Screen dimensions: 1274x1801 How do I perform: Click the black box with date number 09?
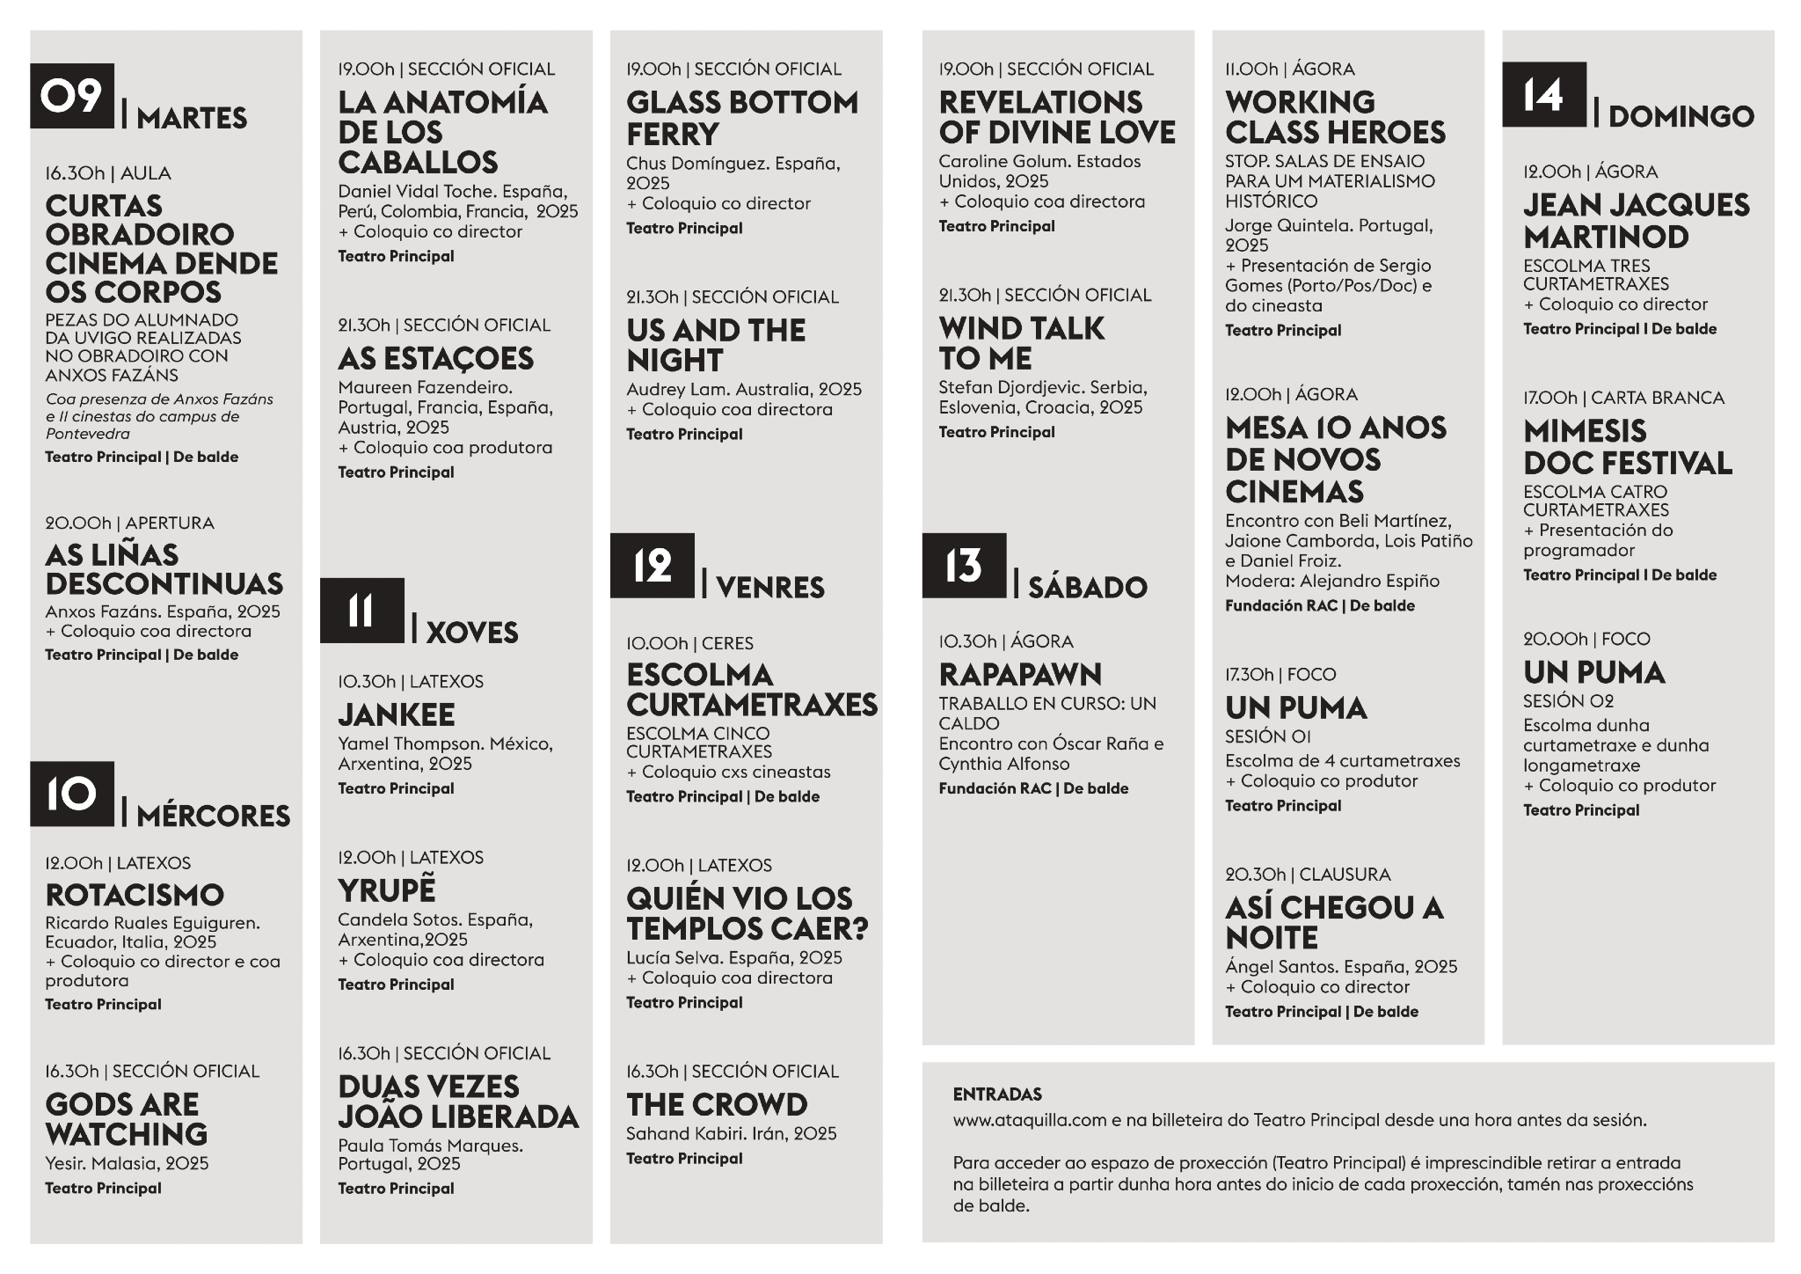coord(72,96)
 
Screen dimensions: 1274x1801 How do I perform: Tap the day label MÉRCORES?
coord(214,816)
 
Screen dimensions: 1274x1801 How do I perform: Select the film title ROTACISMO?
coord(135,895)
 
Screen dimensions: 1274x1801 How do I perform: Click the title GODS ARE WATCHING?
coord(126,1119)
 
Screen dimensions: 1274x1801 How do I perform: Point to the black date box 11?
coord(361,611)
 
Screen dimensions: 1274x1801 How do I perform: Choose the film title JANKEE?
coord(397,714)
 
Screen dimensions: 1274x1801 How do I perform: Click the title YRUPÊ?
coord(387,890)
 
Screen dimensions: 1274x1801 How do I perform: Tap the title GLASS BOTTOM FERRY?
coord(741,118)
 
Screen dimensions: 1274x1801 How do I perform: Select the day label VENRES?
coord(770,588)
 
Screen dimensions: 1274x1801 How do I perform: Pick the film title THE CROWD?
coord(717,1104)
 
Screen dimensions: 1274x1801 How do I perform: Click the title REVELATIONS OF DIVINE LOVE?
coord(1056,117)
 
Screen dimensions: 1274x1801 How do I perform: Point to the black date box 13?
coord(964,566)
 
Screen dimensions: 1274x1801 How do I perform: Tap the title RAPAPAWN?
coord(1020,675)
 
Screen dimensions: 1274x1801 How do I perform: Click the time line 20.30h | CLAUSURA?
coord(1308,875)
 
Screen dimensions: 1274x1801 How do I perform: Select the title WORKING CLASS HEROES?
coord(1335,117)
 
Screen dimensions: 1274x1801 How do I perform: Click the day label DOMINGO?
coord(1681,116)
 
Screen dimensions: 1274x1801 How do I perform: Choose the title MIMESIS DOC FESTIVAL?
coord(1627,447)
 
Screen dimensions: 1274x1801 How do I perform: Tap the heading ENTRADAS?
coord(997,1095)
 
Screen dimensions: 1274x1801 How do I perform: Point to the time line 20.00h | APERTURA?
coord(129,524)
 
